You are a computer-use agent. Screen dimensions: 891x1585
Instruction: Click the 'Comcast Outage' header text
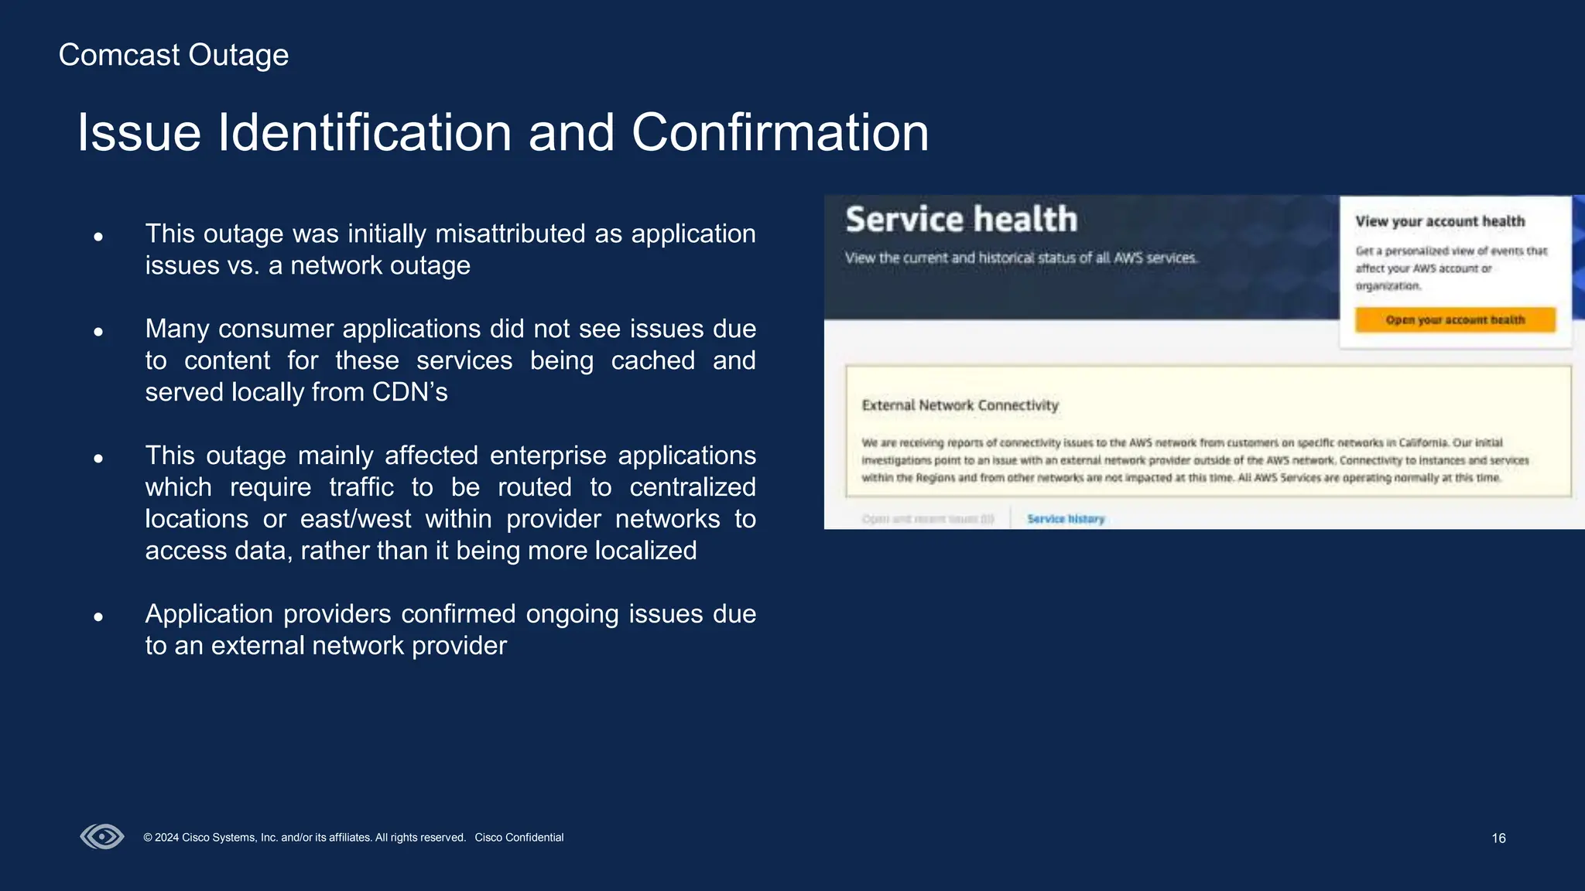(x=173, y=56)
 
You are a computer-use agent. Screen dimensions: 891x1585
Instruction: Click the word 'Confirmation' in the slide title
(x=779, y=133)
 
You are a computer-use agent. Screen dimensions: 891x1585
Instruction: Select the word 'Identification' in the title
(x=365, y=133)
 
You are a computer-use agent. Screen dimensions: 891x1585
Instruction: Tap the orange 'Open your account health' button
(x=1454, y=320)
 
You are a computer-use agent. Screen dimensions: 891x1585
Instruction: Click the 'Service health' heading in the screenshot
(x=960, y=220)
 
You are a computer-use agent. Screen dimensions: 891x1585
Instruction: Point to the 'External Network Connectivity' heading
(x=960, y=405)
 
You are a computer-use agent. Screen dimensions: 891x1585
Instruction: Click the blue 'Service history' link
(x=1066, y=519)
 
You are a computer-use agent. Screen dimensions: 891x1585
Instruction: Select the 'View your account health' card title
(x=1440, y=221)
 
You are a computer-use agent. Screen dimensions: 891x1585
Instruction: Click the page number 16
(x=1498, y=838)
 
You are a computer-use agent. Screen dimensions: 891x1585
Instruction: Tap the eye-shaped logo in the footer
(x=102, y=837)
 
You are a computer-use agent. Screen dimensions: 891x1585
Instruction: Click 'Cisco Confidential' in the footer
(x=519, y=838)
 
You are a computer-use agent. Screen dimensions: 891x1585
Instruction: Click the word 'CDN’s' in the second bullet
(x=409, y=392)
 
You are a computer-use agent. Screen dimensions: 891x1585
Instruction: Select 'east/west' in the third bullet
(x=355, y=519)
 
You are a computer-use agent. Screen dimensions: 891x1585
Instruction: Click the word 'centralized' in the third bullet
(x=692, y=487)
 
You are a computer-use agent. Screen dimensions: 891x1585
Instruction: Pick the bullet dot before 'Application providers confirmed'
(x=98, y=617)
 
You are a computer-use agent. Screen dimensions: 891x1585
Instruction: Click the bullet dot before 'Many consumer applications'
(x=98, y=332)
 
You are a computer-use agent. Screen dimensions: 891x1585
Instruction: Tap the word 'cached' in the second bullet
(x=652, y=360)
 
